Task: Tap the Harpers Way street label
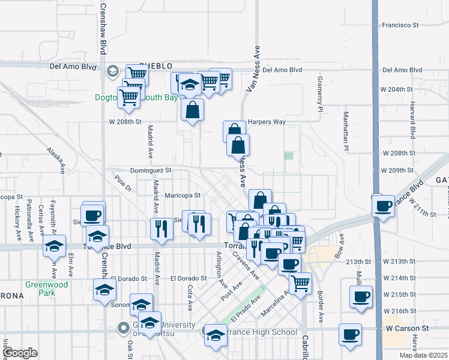tap(267, 121)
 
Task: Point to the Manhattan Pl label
tap(346, 131)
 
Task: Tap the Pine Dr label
tap(122, 182)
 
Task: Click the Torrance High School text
tap(264, 332)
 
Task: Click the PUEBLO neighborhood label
tap(156, 65)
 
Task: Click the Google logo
tap(20, 353)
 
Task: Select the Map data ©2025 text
tap(423, 355)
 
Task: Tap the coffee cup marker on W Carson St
tap(350, 334)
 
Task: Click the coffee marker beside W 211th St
tap(383, 205)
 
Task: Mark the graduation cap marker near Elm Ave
tap(54, 245)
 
